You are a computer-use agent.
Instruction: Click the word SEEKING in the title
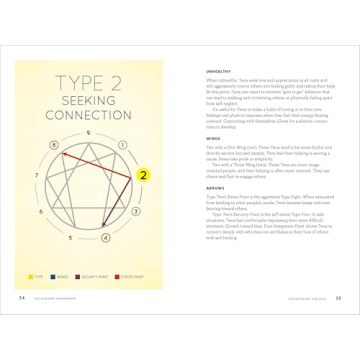(96, 104)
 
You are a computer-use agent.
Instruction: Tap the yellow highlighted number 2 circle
(143, 175)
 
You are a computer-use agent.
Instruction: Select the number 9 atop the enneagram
(96, 132)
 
